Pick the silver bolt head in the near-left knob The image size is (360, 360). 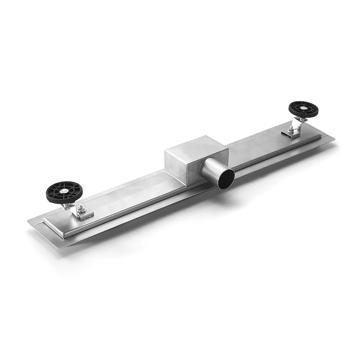(x=64, y=192)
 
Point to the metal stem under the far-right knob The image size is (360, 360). (x=298, y=124)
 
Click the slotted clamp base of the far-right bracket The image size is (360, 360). (x=292, y=134)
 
